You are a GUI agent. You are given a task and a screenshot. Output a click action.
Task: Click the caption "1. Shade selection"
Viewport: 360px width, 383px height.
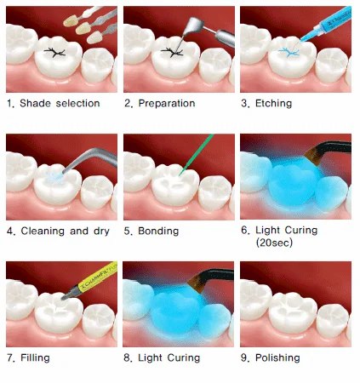54,103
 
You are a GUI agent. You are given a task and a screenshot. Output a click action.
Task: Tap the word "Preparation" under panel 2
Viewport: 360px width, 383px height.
167,104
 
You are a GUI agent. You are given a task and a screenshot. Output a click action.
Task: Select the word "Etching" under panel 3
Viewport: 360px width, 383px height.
273,104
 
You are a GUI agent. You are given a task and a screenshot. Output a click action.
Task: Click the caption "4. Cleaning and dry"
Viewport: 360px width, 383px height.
58,231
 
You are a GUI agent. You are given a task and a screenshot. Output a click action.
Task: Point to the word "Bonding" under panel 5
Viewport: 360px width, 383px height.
158,231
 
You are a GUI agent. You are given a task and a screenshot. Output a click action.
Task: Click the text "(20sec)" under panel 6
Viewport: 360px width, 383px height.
274,243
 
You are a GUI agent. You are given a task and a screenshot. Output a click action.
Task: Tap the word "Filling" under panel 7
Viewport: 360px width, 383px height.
35,357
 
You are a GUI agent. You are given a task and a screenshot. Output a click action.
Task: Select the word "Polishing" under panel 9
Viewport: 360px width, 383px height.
277,358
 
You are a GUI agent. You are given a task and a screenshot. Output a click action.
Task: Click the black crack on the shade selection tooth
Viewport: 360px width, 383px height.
54,53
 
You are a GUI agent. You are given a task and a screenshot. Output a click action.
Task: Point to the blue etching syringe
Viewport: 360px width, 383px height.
326,24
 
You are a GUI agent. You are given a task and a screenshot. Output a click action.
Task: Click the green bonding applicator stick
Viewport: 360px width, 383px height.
197,155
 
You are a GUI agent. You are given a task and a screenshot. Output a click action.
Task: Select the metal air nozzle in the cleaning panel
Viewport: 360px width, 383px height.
88,160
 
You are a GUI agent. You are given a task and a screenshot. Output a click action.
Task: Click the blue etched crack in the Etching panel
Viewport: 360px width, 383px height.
289,53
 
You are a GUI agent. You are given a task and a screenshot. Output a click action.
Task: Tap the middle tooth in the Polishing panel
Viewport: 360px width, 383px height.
293,313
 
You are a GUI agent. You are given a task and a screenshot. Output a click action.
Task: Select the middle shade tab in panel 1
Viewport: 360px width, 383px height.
83,28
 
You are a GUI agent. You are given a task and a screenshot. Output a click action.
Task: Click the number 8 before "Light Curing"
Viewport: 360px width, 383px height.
127,358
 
